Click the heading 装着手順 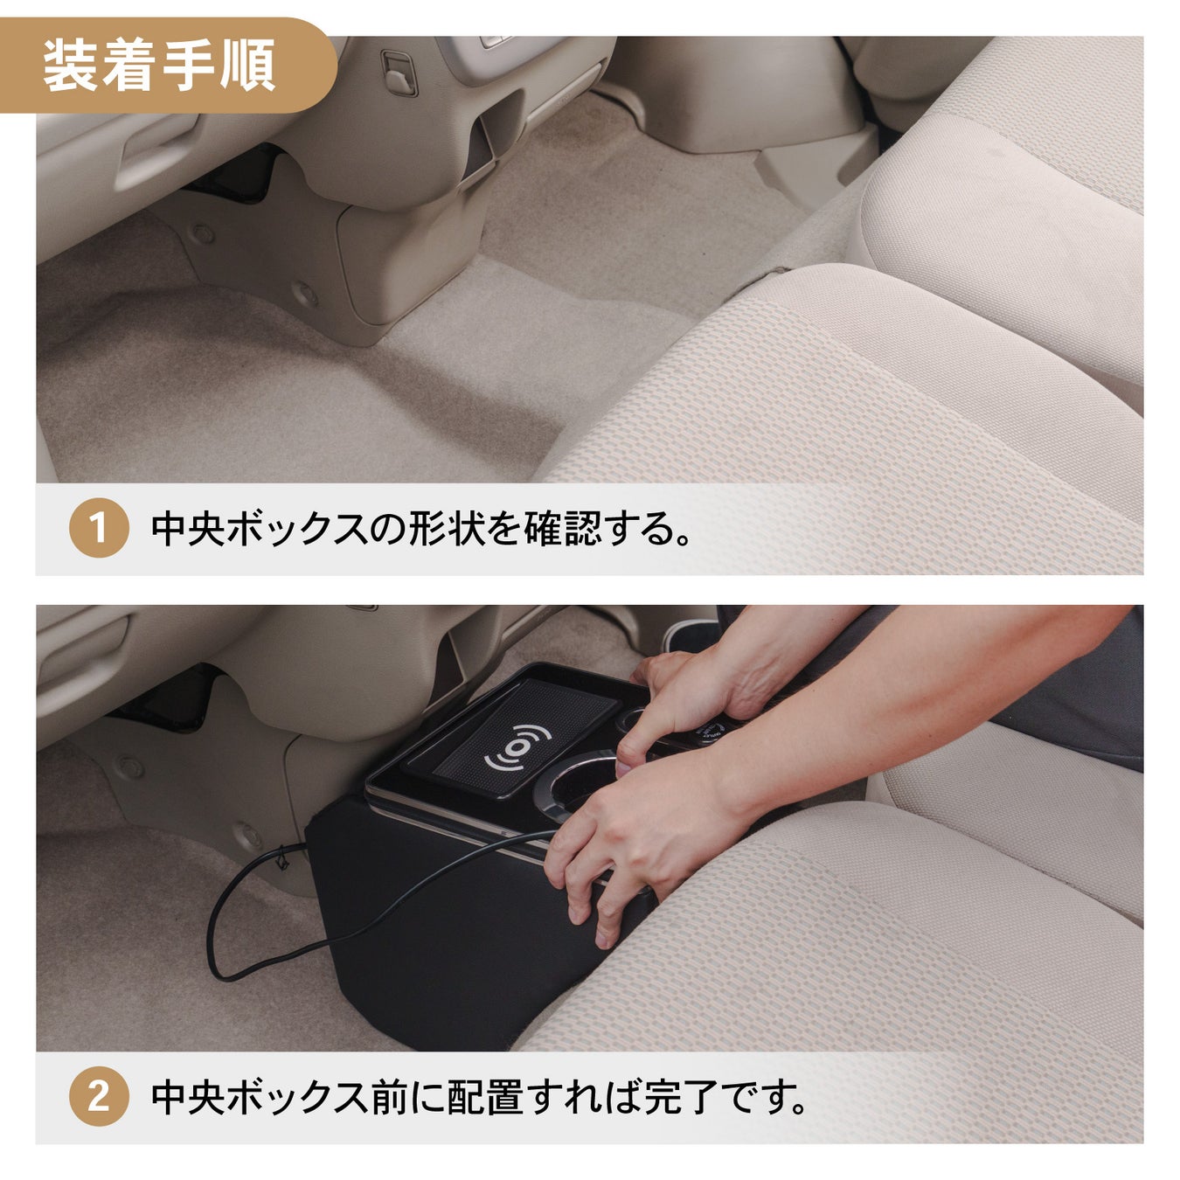[x=158, y=66]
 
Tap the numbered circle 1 [x=98, y=528]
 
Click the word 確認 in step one [x=561, y=529]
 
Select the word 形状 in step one [x=448, y=529]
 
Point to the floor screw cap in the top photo [x=304, y=294]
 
